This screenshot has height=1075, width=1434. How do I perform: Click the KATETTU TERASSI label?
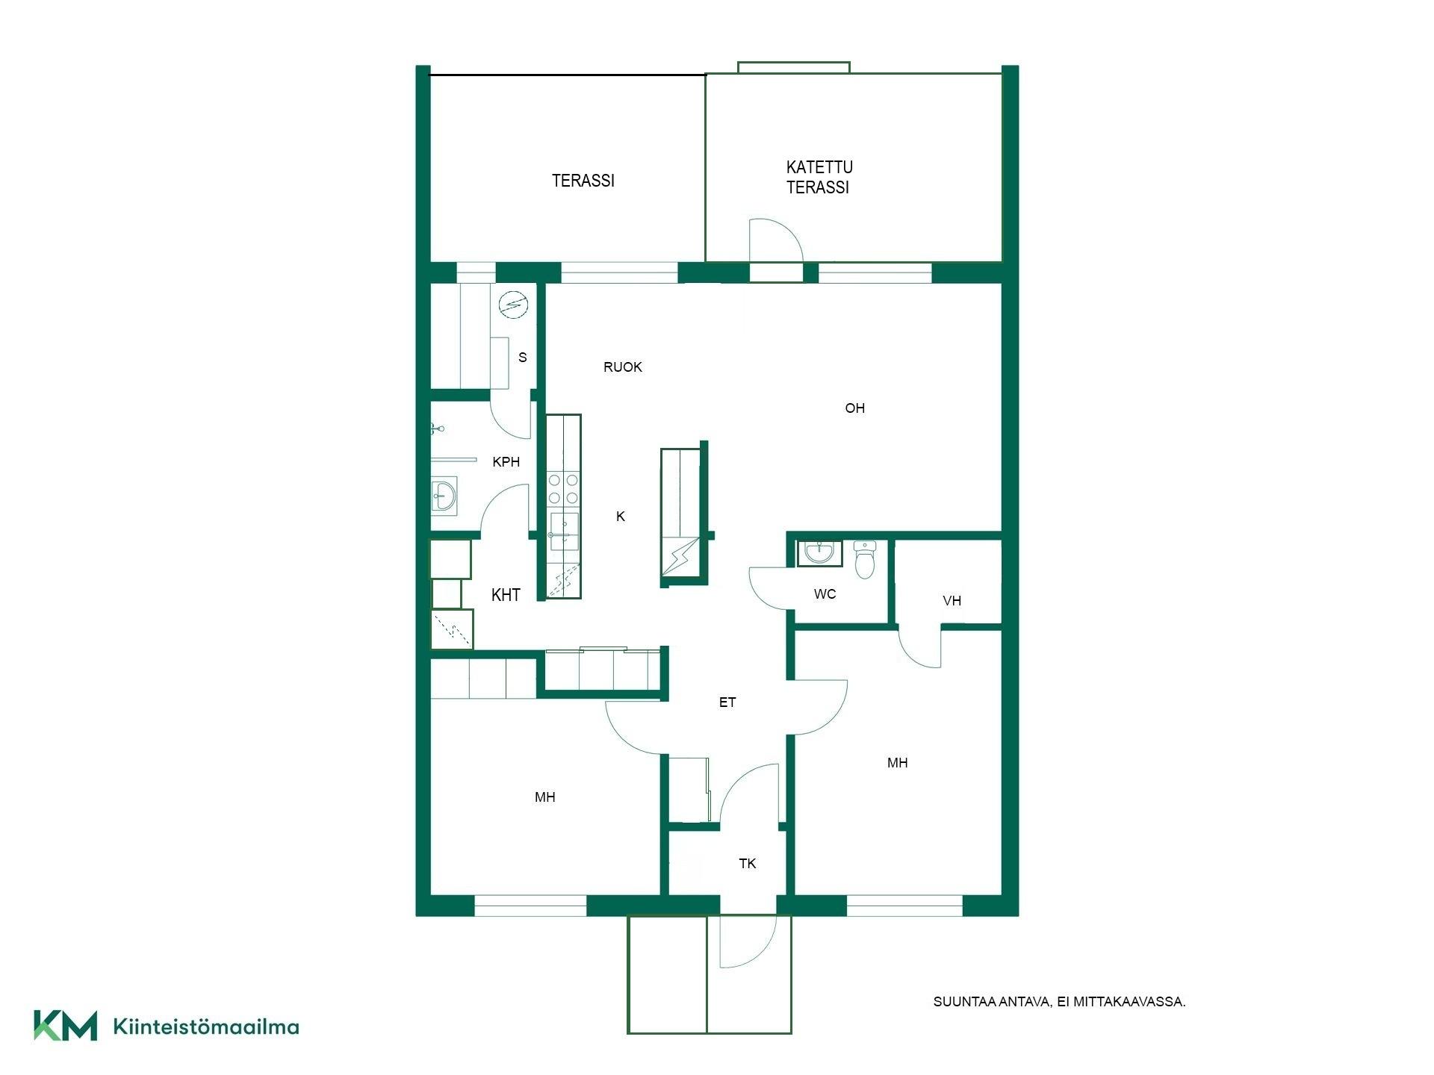coord(819,177)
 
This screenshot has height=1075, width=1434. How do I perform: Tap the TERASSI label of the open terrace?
coord(583,181)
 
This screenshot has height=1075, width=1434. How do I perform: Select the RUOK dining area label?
coord(623,367)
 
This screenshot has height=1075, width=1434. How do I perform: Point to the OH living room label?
coord(855,408)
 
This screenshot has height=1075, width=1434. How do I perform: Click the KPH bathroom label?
coord(506,462)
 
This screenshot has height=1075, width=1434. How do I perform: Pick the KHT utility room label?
coord(506,595)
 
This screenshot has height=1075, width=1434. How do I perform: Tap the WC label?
coord(825,594)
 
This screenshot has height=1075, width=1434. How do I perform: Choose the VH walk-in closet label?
coord(952,601)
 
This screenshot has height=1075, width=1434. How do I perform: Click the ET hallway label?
coord(727,702)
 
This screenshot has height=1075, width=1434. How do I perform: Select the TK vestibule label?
coord(748,864)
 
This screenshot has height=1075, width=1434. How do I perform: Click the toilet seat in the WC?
coord(865,560)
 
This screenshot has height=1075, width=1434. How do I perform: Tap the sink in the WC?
coord(820,553)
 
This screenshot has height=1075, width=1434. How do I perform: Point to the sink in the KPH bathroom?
coord(444,495)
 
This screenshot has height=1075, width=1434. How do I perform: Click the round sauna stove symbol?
coord(513,304)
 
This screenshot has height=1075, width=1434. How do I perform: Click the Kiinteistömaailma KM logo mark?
coord(66,1026)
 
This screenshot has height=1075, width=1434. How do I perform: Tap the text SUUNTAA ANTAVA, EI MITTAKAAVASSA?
coord(1059,1002)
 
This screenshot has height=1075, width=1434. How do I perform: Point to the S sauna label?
coord(523,358)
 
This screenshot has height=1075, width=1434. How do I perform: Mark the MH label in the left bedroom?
coord(545,797)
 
